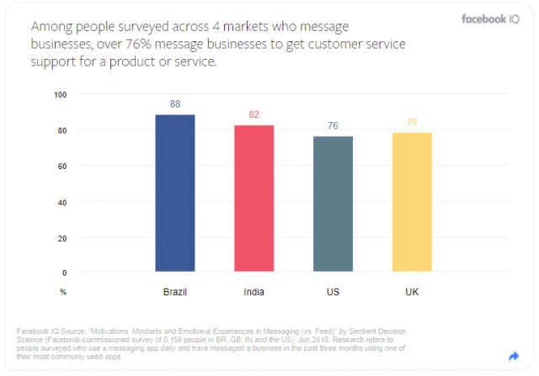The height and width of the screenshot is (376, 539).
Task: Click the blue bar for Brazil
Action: [175, 193]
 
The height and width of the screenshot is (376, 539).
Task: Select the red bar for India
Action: [253, 199]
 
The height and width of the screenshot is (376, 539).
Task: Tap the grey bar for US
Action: [333, 204]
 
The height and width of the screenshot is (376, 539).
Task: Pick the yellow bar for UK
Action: [411, 203]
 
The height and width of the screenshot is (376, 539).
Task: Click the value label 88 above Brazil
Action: [175, 105]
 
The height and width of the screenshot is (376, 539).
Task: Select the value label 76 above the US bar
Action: [333, 126]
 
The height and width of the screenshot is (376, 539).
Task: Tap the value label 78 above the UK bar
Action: [411, 123]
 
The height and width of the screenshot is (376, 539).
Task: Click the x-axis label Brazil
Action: [175, 292]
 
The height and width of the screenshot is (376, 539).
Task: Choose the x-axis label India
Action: [253, 292]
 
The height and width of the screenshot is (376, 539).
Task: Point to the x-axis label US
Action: [333, 292]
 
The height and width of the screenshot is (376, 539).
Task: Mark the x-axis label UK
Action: [411, 292]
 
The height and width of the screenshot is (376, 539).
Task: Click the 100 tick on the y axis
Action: [59, 94]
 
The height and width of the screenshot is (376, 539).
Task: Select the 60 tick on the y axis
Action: [61, 166]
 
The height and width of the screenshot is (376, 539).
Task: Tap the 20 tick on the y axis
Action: [61, 237]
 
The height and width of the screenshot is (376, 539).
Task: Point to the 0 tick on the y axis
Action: [63, 273]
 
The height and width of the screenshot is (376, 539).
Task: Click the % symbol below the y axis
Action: [62, 292]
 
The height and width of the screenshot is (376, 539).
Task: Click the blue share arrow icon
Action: [514, 356]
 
